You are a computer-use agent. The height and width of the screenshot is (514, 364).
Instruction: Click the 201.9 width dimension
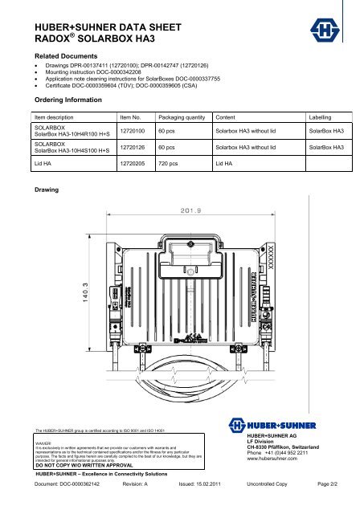pyautogui.click(x=190, y=212)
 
